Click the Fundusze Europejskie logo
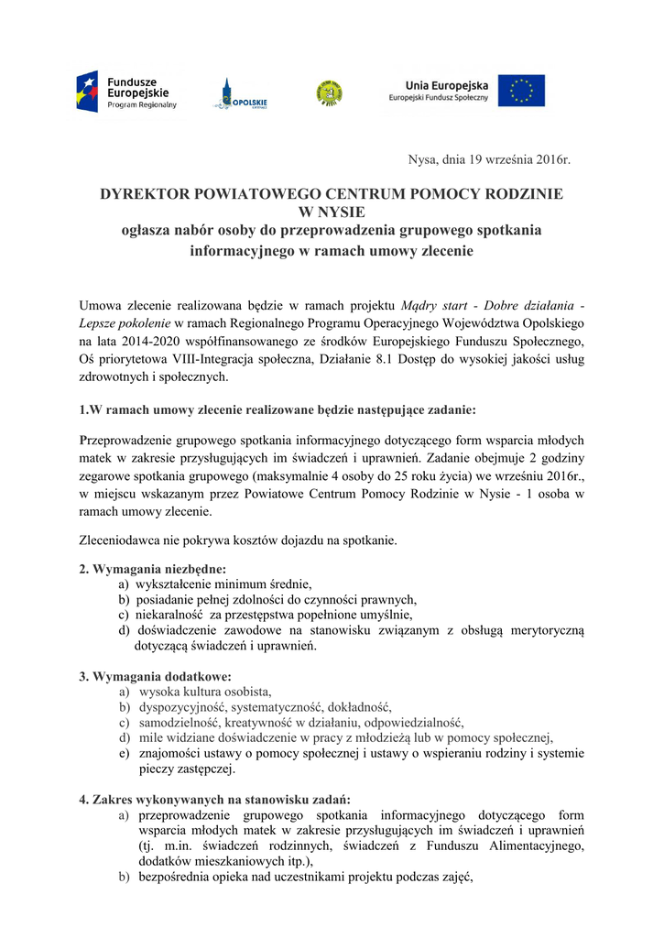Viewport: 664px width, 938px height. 126,93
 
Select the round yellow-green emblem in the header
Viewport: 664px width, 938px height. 330,93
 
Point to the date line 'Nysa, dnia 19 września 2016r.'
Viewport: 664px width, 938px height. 488,160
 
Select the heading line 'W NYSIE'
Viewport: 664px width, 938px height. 331,212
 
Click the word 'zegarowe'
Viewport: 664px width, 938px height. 106,476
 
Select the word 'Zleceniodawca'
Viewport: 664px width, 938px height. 121,540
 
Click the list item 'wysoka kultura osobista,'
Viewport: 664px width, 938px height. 205,692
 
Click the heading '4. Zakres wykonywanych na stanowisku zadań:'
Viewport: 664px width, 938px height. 214,799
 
